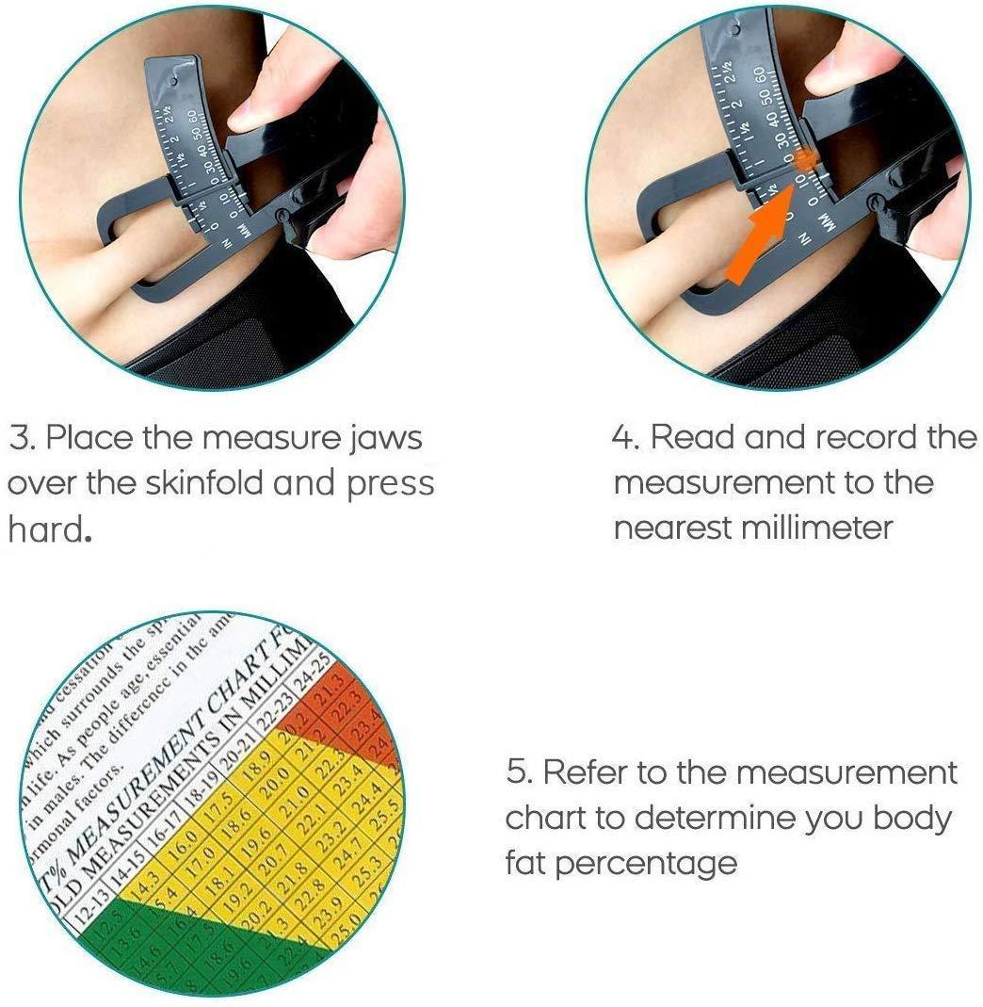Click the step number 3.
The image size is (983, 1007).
click(20, 438)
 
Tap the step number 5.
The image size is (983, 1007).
click(517, 773)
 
